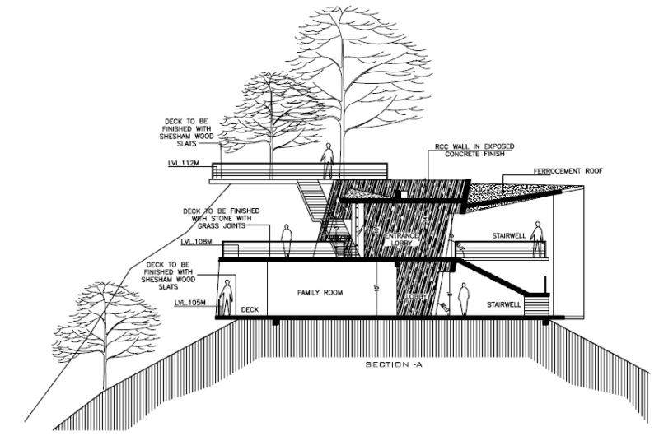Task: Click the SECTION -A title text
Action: [x=399, y=364]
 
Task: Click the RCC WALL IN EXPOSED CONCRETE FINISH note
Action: [x=474, y=150]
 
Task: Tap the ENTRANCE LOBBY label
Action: [x=402, y=238]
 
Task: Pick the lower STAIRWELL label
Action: [x=503, y=304]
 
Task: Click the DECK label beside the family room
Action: [x=250, y=310]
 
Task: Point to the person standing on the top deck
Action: [x=327, y=160]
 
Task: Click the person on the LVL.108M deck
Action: [x=287, y=241]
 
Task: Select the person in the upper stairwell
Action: [x=537, y=239]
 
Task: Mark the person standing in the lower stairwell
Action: [x=464, y=299]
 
